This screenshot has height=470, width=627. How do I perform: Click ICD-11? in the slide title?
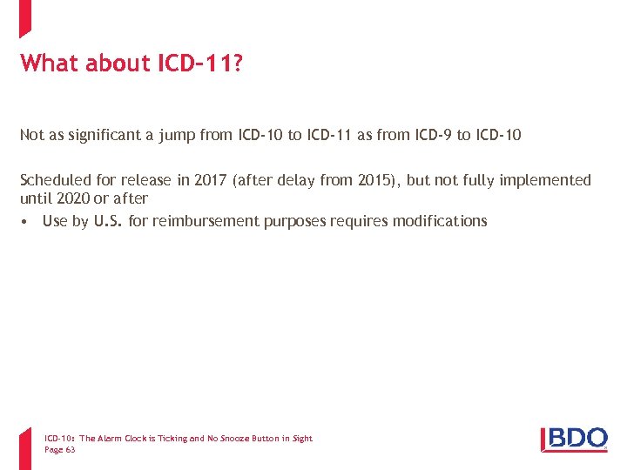[x=199, y=63]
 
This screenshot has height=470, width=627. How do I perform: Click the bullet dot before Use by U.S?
[x=26, y=221]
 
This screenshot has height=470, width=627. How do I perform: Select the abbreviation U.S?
[x=108, y=221]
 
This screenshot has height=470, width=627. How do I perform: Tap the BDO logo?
[x=575, y=440]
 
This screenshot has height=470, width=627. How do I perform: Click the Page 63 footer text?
[x=59, y=450]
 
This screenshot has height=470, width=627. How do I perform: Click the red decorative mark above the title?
[x=25, y=17]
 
